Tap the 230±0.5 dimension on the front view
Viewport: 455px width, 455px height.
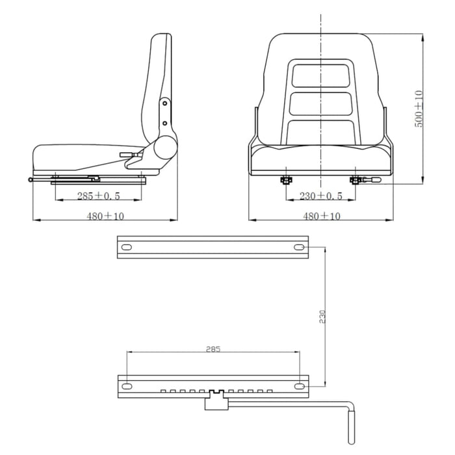pos(320,196)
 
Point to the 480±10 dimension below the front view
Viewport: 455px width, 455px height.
pos(322,216)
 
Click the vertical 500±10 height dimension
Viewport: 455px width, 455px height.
pos(419,109)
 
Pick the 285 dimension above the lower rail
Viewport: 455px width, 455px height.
pos(213,349)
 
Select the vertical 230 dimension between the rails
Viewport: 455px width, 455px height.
pos(323,317)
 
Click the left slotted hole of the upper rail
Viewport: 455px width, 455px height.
pos(127,247)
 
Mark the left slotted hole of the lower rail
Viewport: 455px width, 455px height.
pos(127,385)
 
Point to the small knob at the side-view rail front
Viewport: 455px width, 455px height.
pos(31,180)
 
